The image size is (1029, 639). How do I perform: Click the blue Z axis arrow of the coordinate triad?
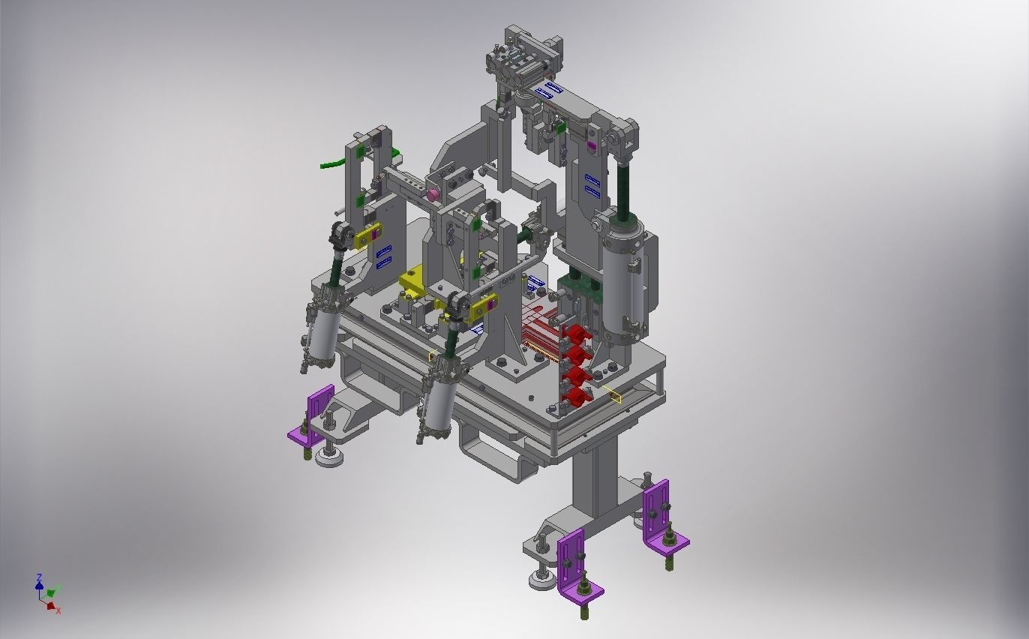[x=39, y=581]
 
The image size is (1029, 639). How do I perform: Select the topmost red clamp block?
[x=575, y=333]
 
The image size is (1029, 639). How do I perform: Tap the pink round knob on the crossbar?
[x=433, y=195]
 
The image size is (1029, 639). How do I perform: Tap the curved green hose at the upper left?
[x=330, y=163]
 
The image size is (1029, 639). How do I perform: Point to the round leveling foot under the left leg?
[x=329, y=454]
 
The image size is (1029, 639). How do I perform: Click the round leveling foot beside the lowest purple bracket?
[x=541, y=578]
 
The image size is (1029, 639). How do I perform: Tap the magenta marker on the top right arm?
[x=591, y=145]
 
